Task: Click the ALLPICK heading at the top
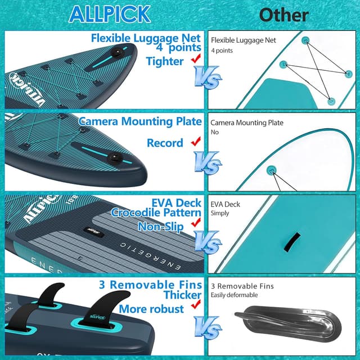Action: pos(109,13)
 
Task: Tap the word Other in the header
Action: pos(283,14)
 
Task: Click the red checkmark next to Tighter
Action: pos(196,59)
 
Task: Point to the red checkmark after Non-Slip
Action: pos(196,224)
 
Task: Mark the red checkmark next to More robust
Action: pos(196,305)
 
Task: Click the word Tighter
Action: pos(165,61)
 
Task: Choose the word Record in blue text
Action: pos(165,143)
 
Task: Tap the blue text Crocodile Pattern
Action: pos(156,213)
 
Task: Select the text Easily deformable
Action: pos(234,295)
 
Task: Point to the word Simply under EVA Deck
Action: pos(220,213)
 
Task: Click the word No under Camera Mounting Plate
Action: pos(214,132)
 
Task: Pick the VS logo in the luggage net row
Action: pos(208,79)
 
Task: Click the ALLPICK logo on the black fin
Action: pos(90,320)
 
